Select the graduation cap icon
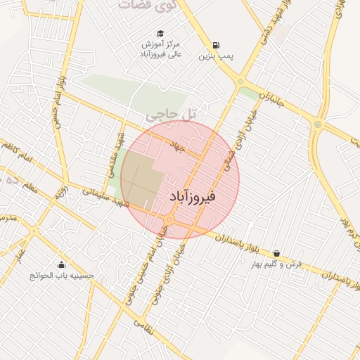tap(160, 34)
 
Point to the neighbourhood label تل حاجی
tap(172, 111)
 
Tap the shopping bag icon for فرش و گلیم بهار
tap(276, 253)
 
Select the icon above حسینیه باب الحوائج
tap(62, 265)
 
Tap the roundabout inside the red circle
tap(169, 221)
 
